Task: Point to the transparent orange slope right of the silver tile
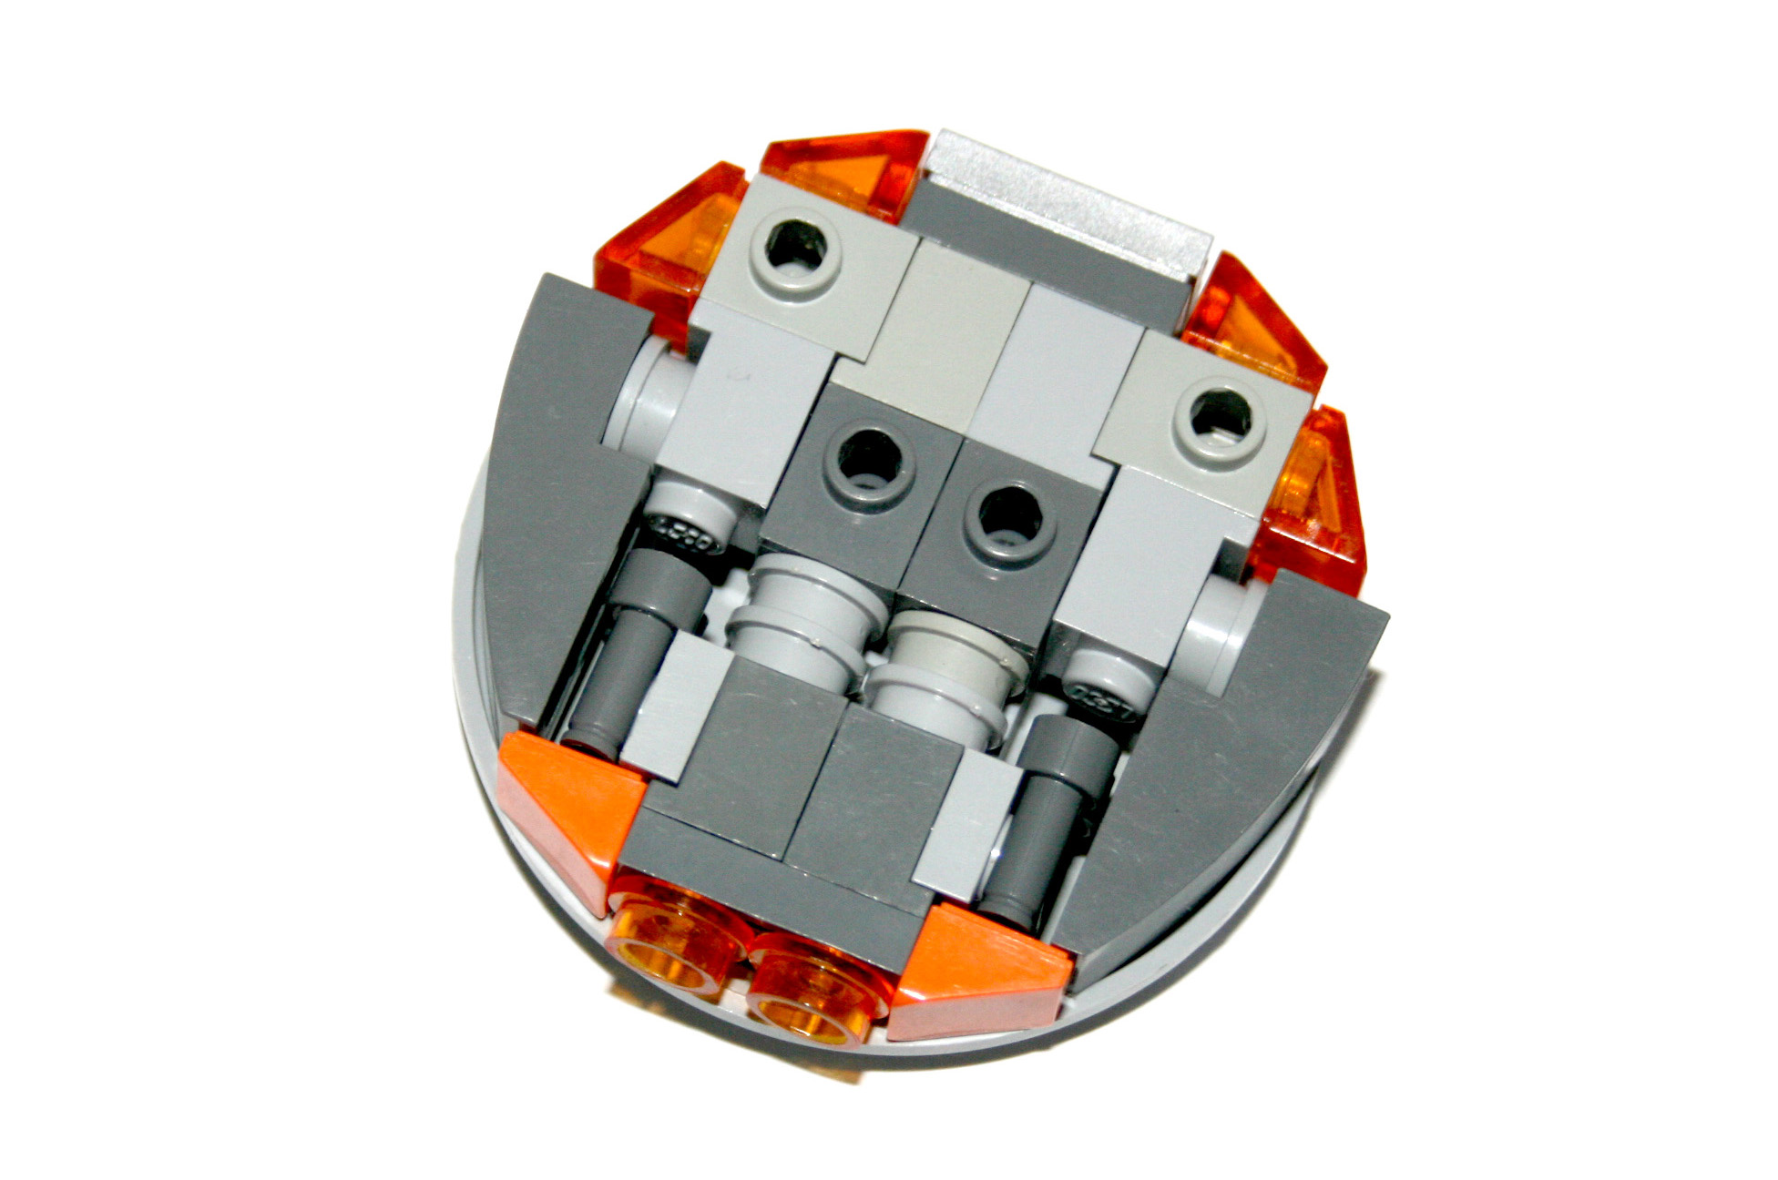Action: point(1252,319)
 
